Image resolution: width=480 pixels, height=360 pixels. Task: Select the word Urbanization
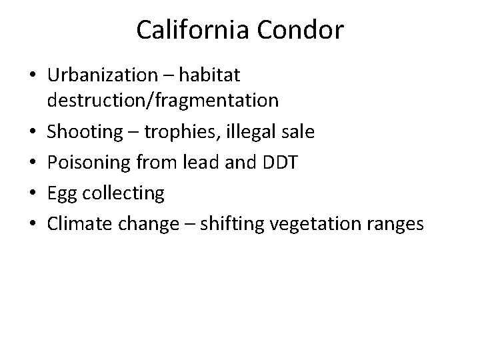107,75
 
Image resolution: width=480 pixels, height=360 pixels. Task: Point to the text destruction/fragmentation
163,101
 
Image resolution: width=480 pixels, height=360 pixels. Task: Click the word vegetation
306,225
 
